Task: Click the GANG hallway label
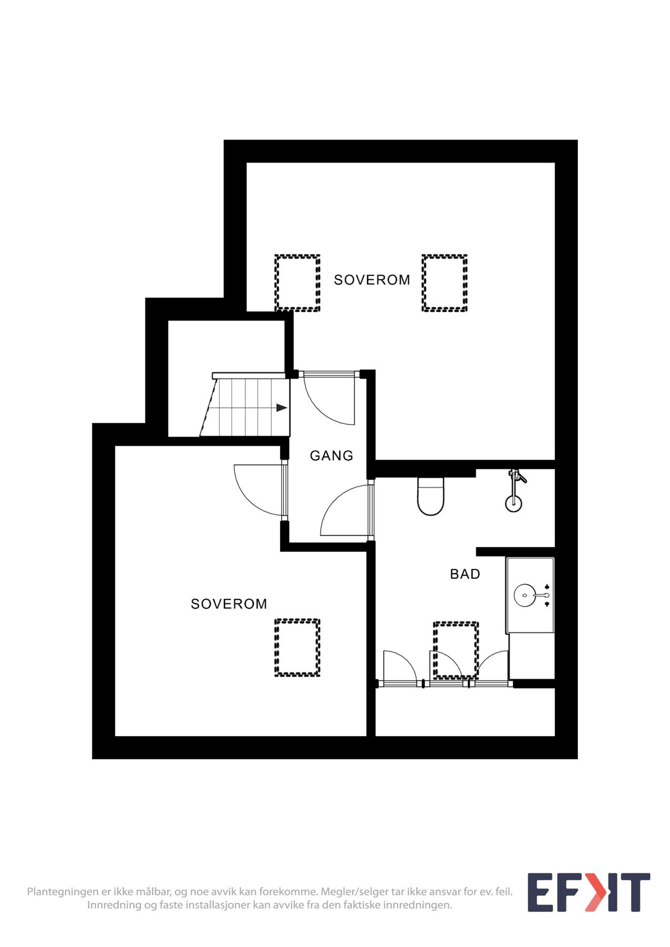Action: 331,456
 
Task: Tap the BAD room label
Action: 465,574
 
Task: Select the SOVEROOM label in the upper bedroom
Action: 372,280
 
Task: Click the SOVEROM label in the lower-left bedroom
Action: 228,604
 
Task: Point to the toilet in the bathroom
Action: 431,497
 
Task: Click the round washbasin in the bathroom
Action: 525,595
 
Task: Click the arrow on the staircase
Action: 282,408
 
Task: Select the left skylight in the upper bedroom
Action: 297,283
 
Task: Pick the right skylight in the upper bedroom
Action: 444,283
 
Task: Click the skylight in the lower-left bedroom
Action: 297,647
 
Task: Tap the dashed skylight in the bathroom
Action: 456,650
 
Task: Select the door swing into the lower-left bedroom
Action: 258,489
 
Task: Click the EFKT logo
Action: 588,892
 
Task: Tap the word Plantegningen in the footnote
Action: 63,892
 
